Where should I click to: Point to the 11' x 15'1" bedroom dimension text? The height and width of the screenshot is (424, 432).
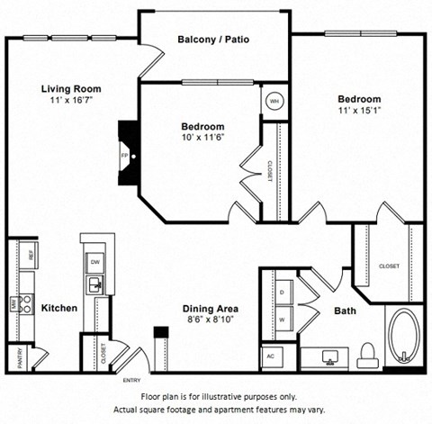point(359,112)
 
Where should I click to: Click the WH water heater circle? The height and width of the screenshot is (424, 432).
point(274,101)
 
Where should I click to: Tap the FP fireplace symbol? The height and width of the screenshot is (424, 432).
point(125,154)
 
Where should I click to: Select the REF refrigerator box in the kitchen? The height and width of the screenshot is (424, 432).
point(31,256)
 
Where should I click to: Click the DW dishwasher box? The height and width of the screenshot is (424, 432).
point(94,261)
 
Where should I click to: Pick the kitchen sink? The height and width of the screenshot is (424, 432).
point(94,285)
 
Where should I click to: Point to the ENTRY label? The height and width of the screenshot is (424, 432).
point(132,380)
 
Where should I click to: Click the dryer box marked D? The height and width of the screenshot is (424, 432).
point(281,293)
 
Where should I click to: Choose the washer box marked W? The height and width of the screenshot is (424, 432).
point(281,318)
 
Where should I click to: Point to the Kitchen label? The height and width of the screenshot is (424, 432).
point(58,308)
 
